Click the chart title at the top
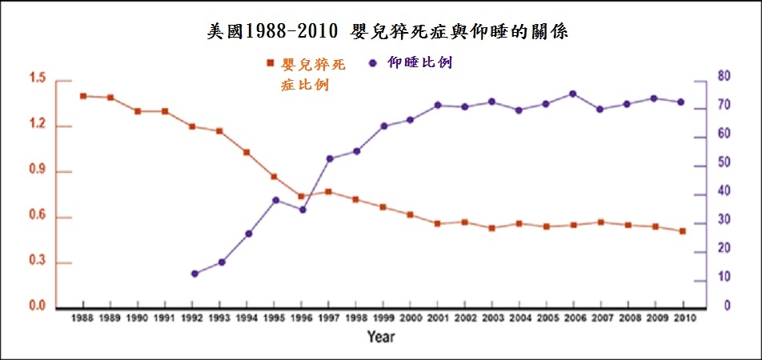pos(387,33)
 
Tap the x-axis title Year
pos(380,337)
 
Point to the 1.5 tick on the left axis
pos(38,79)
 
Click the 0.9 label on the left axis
pos(38,172)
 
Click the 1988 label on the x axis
pos(83,318)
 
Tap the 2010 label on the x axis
pos(683,318)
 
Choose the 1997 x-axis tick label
pos(328,318)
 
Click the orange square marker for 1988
pos(83,96)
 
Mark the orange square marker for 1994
pos(247,152)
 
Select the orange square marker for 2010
pos(683,231)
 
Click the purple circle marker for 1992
pos(193,274)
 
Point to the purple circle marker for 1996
pos(302,210)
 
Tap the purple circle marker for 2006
pos(573,94)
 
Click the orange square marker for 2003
pos(491,228)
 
